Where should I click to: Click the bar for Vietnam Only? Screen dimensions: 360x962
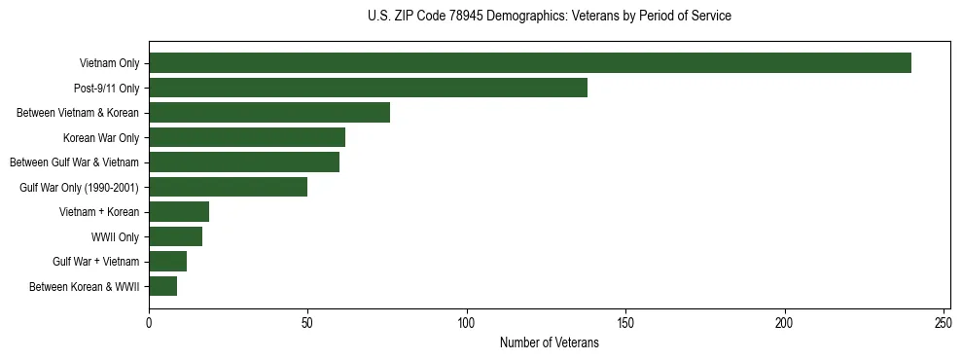point(530,63)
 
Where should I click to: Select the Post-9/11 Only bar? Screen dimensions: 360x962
point(368,88)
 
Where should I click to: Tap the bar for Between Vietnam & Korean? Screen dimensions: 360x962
point(269,113)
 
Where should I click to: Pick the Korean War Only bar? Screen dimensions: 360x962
point(247,137)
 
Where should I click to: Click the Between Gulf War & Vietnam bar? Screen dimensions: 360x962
point(244,162)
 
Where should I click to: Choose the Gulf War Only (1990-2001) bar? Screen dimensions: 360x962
point(229,187)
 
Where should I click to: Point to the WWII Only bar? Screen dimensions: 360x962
point(176,236)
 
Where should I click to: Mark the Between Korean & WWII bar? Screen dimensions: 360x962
point(163,286)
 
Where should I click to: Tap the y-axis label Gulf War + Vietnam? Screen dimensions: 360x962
point(96,262)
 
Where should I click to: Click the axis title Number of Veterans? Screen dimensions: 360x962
point(550,342)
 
